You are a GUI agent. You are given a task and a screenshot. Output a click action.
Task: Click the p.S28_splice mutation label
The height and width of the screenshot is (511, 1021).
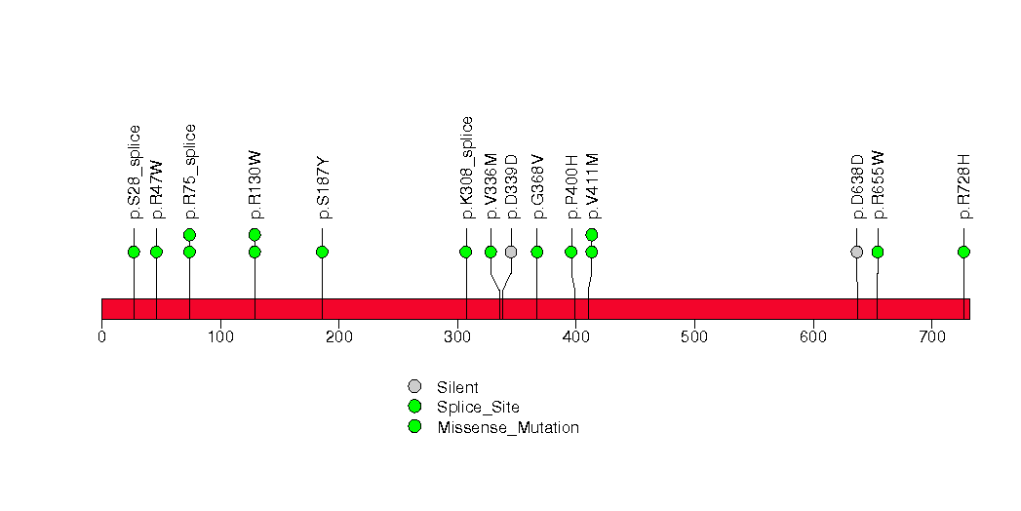point(135,172)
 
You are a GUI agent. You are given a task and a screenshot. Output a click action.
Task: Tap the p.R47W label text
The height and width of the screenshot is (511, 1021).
point(156,189)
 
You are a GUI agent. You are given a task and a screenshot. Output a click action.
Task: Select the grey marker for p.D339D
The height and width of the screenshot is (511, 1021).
point(511,252)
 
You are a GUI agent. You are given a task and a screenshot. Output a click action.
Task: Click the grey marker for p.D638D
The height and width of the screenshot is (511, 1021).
point(857,252)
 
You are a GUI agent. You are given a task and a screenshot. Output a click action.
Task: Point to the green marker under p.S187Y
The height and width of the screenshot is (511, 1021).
point(323,252)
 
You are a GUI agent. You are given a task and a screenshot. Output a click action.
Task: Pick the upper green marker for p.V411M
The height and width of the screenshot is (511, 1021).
point(592,234)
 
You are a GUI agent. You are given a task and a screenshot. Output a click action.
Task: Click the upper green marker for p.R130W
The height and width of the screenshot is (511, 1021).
point(255,234)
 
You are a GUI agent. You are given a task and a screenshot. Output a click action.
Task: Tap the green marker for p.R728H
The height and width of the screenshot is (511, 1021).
point(964,252)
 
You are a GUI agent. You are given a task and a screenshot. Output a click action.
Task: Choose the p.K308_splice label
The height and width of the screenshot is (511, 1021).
point(466,168)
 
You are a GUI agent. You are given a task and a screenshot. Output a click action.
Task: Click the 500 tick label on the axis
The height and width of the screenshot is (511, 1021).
point(694,336)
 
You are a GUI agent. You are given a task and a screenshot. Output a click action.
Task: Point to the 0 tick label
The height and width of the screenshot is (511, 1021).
point(101,336)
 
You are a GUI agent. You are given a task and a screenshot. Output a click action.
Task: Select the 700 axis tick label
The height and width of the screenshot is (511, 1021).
point(931,336)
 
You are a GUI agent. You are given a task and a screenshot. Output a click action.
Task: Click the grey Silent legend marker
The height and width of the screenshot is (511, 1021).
point(414,387)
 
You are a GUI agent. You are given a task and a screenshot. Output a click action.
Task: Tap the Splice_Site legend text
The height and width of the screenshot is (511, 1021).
point(478,408)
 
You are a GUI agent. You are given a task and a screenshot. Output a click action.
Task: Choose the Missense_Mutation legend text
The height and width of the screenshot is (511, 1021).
point(508,428)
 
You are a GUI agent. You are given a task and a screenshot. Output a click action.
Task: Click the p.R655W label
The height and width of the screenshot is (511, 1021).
point(879,185)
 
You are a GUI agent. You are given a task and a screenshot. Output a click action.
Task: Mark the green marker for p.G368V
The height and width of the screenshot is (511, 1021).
point(537,252)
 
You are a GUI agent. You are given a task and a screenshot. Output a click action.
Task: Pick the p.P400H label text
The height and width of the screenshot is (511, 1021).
point(571,187)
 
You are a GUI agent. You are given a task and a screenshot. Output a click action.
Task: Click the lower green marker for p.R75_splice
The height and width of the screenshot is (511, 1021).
point(189,252)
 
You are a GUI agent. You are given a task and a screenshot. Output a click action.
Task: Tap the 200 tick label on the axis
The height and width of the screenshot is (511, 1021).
point(338,336)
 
